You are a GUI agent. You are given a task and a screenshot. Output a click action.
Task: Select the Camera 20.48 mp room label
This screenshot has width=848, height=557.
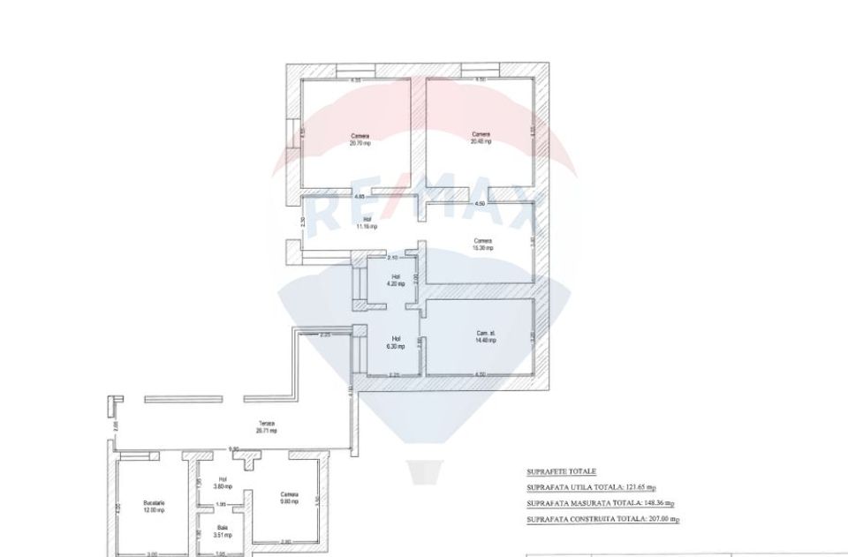[481, 138]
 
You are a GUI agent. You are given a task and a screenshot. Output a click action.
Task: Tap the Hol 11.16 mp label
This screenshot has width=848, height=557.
[367, 223]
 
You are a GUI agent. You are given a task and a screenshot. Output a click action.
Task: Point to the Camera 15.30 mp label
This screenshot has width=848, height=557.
[481, 244]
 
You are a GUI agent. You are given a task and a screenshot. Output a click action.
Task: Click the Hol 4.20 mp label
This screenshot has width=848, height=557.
[397, 281]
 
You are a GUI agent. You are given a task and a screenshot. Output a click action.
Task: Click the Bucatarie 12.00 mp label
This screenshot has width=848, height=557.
[154, 507]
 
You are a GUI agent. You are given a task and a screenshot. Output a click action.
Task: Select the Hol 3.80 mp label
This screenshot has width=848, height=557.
[223, 483]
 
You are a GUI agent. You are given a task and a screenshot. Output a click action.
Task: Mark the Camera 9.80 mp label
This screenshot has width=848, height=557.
[289, 498]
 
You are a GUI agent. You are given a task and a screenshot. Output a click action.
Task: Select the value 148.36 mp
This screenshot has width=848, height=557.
[655, 503]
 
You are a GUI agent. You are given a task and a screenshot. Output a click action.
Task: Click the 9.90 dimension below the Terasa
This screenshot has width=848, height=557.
[234, 448]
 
